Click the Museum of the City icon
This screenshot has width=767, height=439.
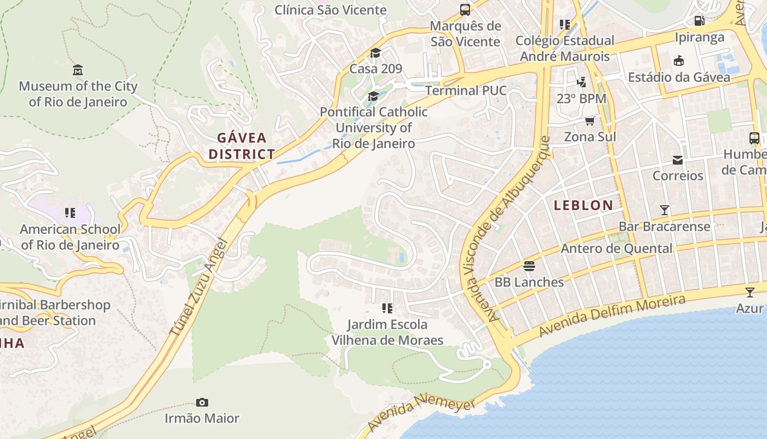pos(78,70)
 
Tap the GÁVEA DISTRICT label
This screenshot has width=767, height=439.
pos(242,146)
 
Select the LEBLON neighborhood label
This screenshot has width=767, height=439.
pos(583,206)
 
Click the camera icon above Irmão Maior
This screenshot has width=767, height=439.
pos(202,403)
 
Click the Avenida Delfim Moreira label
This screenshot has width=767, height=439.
pos(612,316)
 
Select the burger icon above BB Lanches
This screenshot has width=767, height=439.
pos(529,266)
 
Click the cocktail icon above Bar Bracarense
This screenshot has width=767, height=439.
pos(664,210)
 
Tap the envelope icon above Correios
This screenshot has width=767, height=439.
pos(678,160)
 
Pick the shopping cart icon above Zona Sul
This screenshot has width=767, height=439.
pos(589,121)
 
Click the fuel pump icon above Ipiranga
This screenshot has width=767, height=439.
pos(699,21)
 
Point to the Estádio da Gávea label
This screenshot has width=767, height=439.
pos(679,77)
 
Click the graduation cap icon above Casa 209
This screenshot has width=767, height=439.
pos(375,53)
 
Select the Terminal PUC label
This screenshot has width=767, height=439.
pos(466,90)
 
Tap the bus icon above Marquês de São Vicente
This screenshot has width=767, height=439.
pos(465,10)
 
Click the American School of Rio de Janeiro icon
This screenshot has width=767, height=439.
pos(70,213)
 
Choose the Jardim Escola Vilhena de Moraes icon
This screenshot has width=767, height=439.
pos(387,308)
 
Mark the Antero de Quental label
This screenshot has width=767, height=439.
pos(616,249)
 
